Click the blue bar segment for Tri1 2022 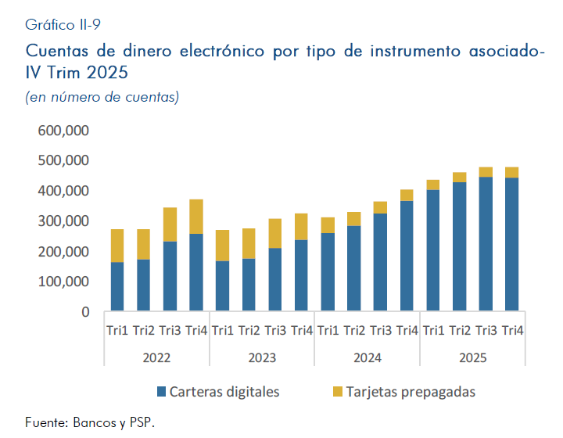point(117,286)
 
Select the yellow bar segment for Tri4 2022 point(195,217)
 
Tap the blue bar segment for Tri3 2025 point(486,244)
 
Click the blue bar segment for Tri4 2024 point(407,256)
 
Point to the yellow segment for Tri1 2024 point(328,225)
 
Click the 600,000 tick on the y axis point(64,130)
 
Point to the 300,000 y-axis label point(64,221)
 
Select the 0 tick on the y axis point(84,312)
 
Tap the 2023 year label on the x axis point(262,357)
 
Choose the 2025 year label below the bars point(472,357)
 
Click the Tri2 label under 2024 point(354,331)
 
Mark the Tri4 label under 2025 point(512,331)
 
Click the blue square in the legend point(162,391)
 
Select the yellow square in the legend point(337,391)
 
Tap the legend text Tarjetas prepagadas point(413,391)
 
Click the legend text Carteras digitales point(224,391)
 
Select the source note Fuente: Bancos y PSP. point(90,422)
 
